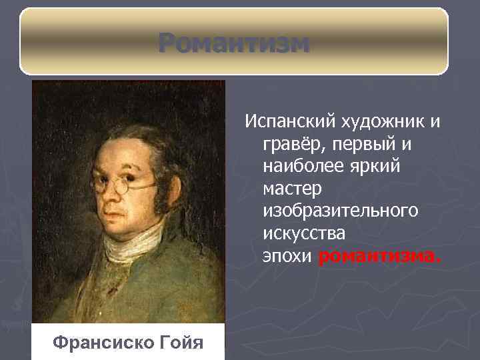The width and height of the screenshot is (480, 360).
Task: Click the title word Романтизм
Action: click(234, 43)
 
